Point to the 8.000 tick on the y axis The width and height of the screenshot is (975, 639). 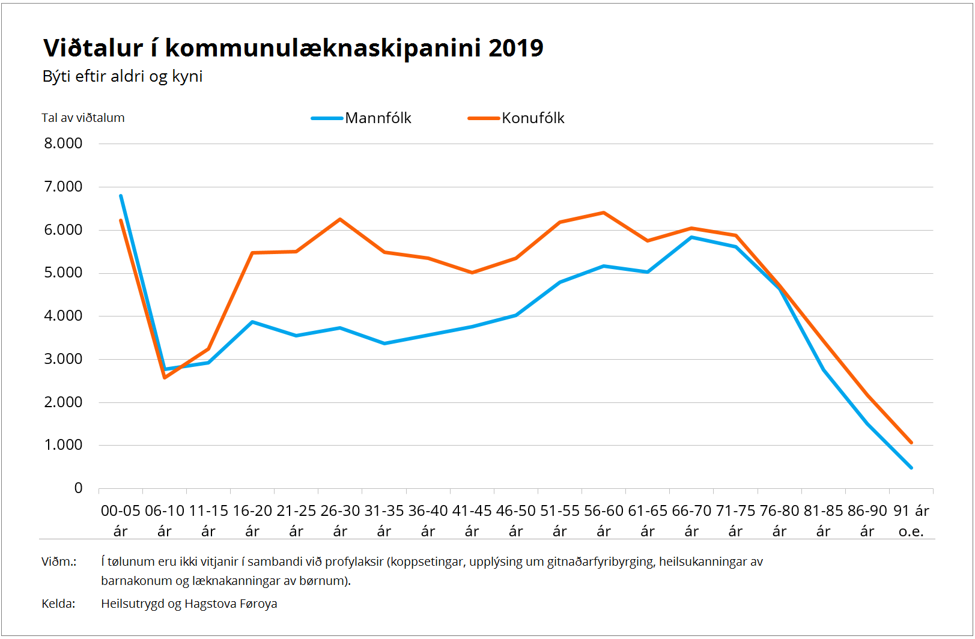63,144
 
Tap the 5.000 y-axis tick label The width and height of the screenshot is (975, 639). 63,273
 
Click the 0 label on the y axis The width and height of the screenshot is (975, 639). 78,488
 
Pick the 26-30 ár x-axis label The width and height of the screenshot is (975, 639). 340,521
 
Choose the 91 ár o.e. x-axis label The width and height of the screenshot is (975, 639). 911,521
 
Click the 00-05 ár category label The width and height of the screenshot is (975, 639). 120,521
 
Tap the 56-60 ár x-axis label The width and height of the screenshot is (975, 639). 604,521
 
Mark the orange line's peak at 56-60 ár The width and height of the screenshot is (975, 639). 603,213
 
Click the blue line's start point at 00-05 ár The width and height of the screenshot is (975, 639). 121,196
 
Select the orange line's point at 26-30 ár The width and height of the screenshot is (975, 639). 340,219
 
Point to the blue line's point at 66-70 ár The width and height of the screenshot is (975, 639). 691,237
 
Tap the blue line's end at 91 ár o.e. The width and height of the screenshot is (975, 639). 911,467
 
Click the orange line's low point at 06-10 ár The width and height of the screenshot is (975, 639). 165,377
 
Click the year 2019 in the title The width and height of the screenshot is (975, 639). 515,48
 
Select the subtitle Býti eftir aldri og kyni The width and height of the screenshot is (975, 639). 123,76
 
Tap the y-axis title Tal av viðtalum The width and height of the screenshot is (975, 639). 83,118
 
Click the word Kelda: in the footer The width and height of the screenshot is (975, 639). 58,604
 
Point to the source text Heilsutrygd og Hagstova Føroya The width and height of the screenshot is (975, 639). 189,604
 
